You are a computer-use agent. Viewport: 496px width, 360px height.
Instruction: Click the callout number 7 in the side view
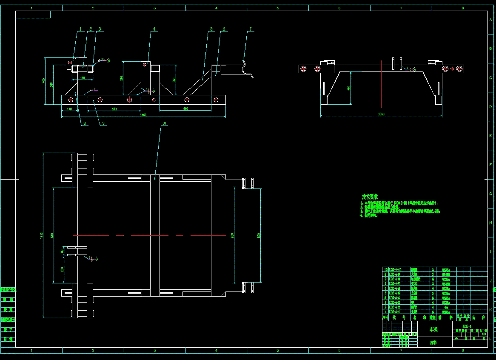[251, 29]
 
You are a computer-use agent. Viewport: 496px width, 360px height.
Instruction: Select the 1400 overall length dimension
[143, 115]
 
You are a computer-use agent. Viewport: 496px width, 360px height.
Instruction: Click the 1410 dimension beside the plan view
[41, 235]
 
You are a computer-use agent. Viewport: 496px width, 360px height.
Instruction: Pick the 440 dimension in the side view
[185, 109]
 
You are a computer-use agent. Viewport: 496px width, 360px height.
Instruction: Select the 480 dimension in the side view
[114, 109]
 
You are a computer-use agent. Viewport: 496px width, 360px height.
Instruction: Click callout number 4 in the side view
[154, 29]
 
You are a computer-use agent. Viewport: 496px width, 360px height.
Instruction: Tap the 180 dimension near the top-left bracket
[83, 78]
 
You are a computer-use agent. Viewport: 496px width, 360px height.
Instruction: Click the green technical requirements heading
[369, 197]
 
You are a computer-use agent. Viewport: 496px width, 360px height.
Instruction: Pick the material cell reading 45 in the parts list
[446, 307]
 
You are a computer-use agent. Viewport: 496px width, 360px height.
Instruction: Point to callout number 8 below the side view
[85, 123]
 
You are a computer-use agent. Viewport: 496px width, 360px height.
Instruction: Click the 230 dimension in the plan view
[63, 270]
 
